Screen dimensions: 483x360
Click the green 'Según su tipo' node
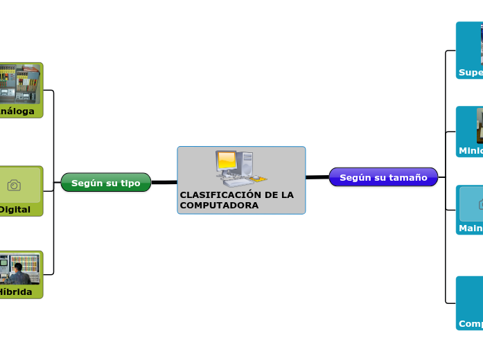(x=106, y=183)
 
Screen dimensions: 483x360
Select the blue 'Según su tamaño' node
(x=383, y=177)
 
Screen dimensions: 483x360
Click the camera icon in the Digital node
(x=14, y=185)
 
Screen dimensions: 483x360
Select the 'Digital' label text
(x=15, y=209)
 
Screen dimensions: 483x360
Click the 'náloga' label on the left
(x=17, y=111)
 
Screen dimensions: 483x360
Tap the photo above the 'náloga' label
(x=19, y=83)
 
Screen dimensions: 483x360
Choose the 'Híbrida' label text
(x=16, y=292)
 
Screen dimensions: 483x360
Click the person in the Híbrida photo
(x=18, y=273)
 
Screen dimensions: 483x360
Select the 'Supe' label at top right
(x=471, y=72)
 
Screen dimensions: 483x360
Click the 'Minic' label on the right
(x=471, y=150)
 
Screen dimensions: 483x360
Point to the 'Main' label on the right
(x=471, y=228)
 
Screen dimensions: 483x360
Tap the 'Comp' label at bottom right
(x=471, y=323)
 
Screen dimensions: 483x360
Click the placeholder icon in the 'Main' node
(x=480, y=204)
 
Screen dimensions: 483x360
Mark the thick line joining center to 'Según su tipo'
(x=164, y=182)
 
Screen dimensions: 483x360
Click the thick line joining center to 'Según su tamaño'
(x=317, y=177)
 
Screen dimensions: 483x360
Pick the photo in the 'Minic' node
(x=480, y=125)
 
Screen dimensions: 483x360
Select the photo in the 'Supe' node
(x=480, y=44)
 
